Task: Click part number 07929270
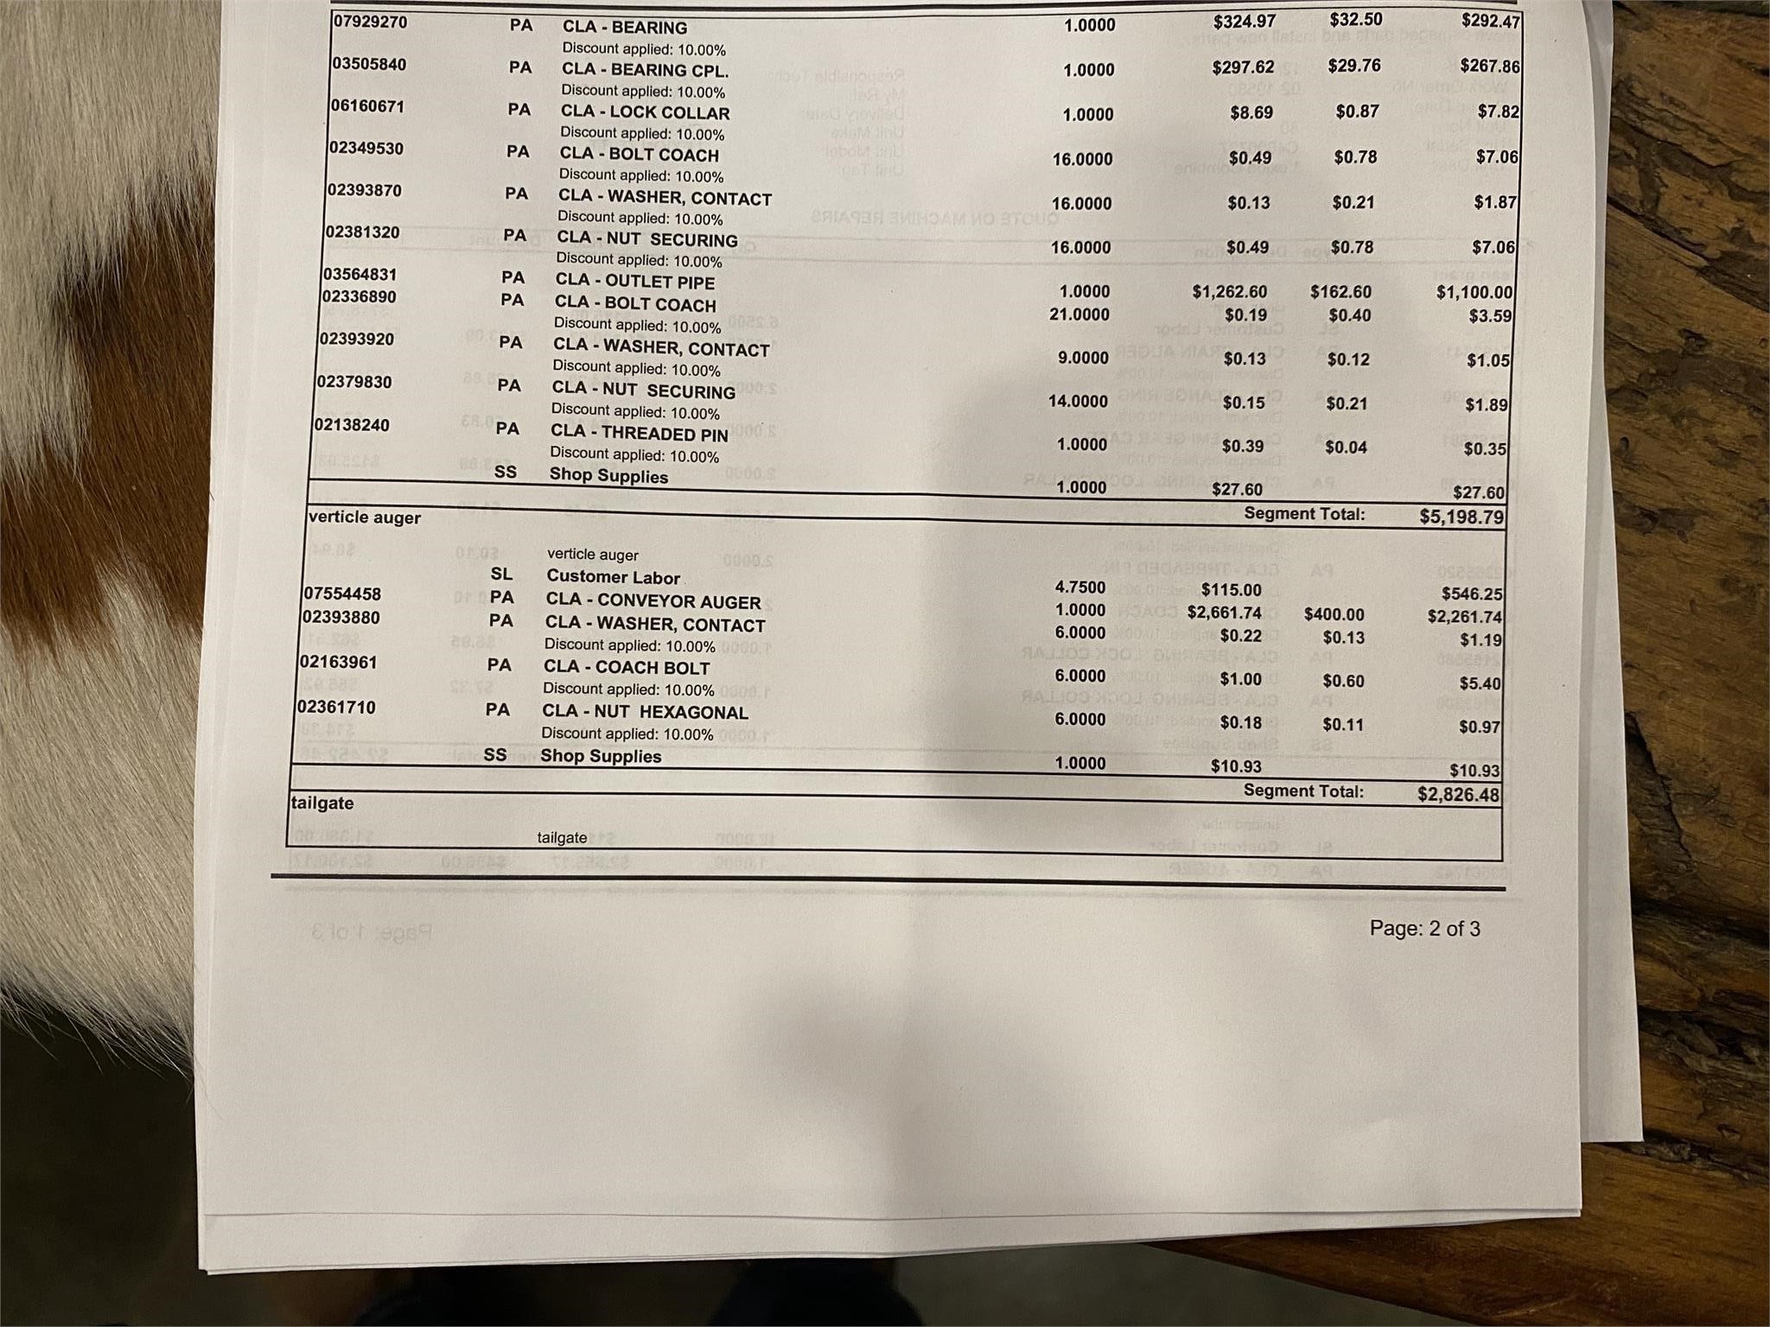[x=369, y=21]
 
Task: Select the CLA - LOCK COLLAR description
[x=645, y=112]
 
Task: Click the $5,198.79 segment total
[x=1461, y=517]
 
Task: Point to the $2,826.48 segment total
[x=1458, y=794]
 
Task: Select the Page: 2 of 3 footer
[x=1424, y=929]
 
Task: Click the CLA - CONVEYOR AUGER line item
[x=653, y=601]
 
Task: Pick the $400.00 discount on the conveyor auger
[x=1334, y=614]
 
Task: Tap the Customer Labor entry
[x=613, y=577]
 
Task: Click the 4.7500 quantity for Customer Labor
[x=1079, y=587]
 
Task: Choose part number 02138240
[x=352, y=425]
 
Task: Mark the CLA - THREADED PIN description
[x=639, y=433]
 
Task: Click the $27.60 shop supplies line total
[x=1478, y=492]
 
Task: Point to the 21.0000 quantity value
[x=1079, y=314]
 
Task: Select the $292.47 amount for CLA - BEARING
[x=1490, y=20]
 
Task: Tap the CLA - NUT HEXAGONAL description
[x=645, y=712]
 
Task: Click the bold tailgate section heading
[x=322, y=803]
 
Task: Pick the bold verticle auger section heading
[x=364, y=517]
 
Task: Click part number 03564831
[x=360, y=275]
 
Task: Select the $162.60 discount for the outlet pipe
[x=1340, y=292]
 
